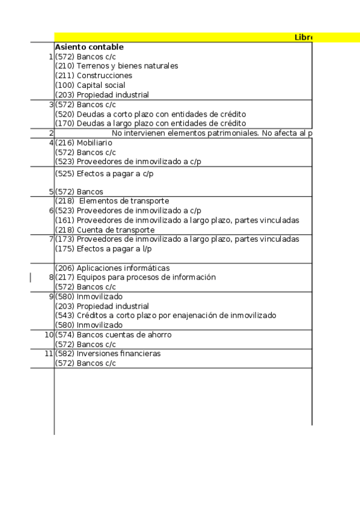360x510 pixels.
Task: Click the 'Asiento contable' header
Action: (x=89, y=47)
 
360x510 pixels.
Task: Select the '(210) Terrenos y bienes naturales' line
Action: (x=117, y=66)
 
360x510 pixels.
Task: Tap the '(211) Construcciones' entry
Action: (x=94, y=76)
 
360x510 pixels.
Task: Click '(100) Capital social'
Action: (x=90, y=85)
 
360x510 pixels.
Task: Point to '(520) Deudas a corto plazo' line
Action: (x=150, y=114)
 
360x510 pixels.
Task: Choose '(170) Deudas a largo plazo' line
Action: (x=150, y=124)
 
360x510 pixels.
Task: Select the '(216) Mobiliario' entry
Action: (x=84, y=143)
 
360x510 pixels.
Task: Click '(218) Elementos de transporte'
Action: (x=112, y=201)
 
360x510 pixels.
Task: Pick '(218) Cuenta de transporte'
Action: (x=105, y=230)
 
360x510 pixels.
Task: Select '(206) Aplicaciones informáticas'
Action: (x=112, y=268)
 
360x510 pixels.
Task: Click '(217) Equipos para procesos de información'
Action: (x=135, y=278)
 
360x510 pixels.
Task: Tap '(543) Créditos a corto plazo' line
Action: (x=165, y=316)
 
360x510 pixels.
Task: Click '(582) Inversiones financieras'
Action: (x=108, y=354)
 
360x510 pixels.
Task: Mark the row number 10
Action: (x=49, y=335)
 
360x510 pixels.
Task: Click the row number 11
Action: (x=49, y=354)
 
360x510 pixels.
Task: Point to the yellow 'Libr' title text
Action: (x=303, y=37)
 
